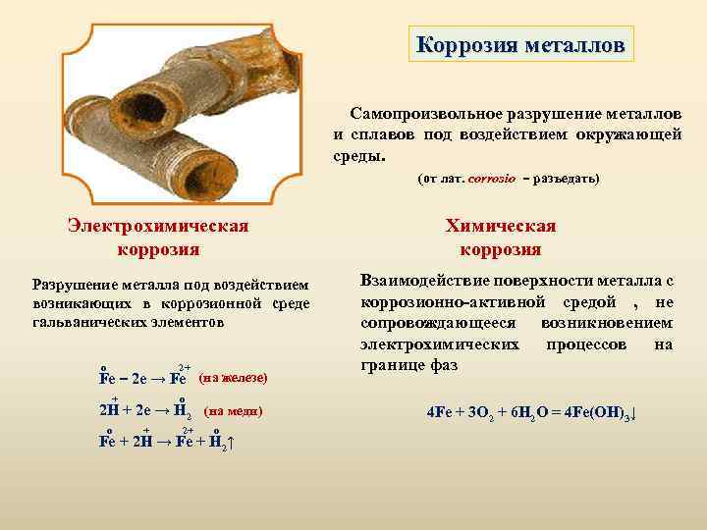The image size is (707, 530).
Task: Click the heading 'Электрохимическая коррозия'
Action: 157,237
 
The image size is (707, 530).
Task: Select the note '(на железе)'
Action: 233,378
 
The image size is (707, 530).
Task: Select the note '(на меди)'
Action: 233,409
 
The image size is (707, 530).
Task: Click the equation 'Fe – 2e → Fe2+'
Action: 144,378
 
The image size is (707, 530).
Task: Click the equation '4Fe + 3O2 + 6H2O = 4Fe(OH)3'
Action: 531,412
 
